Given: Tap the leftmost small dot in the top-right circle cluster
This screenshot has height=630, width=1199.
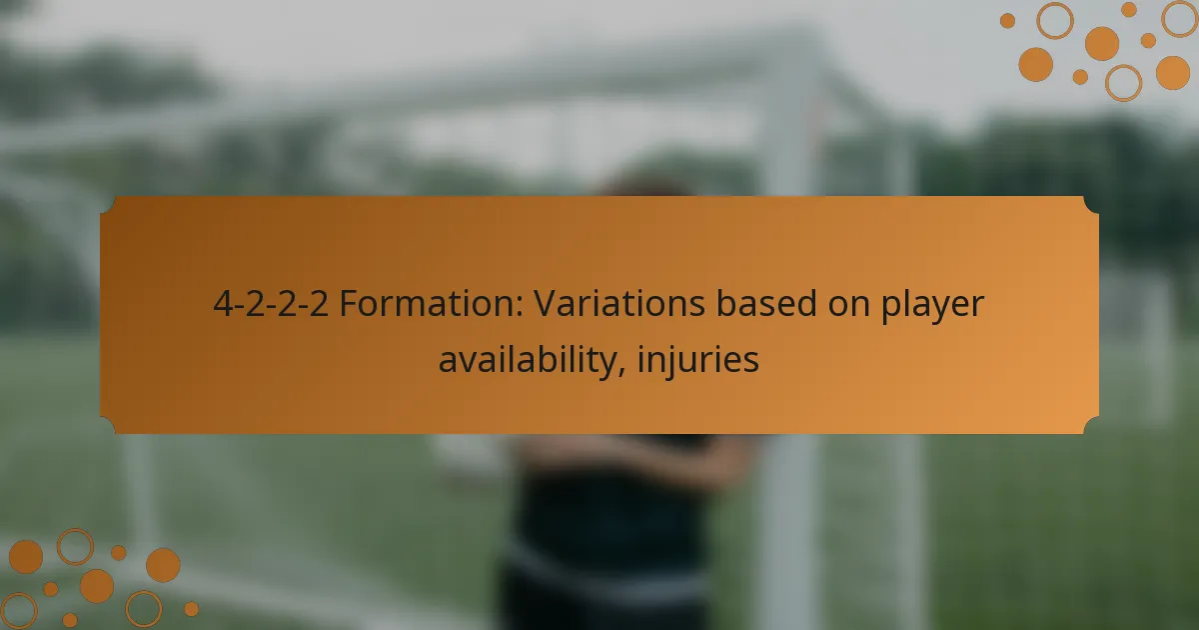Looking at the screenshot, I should (x=1007, y=20).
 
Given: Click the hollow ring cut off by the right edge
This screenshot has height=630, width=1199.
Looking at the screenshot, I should (x=1180, y=19).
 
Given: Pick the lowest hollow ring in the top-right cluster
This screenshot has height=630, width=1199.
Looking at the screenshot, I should (x=1123, y=83).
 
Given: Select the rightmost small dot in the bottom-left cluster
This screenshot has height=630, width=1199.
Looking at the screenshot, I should (x=191, y=608).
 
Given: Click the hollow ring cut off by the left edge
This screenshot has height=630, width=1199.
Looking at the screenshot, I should (x=17, y=610).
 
